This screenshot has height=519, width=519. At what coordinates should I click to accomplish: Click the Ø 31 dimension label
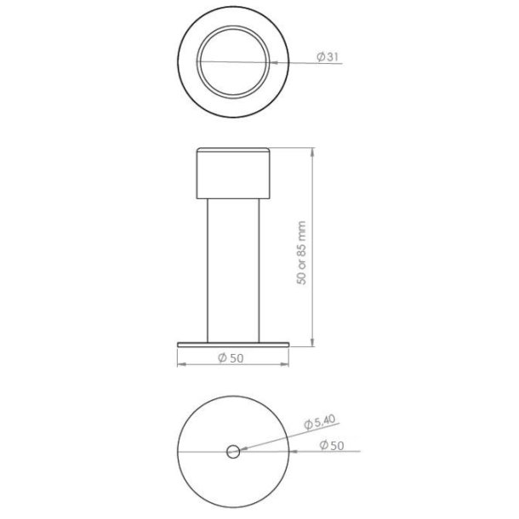pyautogui.click(x=328, y=57)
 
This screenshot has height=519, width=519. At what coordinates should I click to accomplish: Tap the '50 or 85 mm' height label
pyautogui.click(x=301, y=253)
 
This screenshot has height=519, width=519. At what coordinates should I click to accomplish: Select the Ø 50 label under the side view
pyautogui.click(x=231, y=358)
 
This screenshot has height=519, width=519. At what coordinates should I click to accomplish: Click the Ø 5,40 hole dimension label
pyautogui.click(x=320, y=422)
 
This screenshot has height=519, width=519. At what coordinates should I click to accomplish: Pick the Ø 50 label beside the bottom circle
pyautogui.click(x=332, y=445)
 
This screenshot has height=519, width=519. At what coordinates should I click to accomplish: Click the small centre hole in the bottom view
pyautogui.click(x=233, y=452)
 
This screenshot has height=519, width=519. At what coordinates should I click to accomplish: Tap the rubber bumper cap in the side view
pyautogui.click(x=233, y=173)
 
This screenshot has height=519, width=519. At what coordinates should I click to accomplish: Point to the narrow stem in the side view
pyautogui.click(x=233, y=271)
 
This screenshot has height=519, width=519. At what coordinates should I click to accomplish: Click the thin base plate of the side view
pyautogui.click(x=233, y=345)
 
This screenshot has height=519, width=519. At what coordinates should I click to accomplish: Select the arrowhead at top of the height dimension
pyautogui.click(x=312, y=152)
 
